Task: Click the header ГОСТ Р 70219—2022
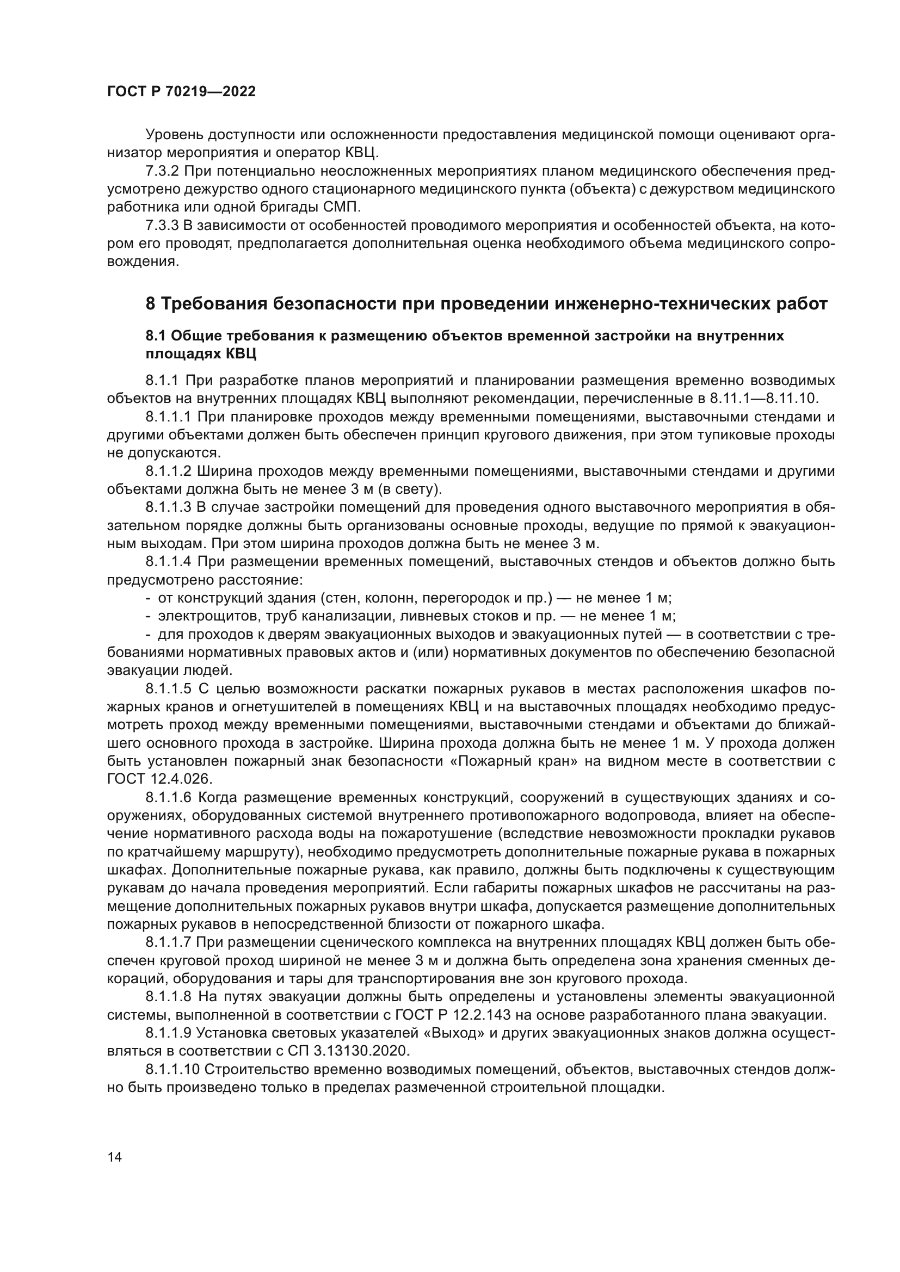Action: click(181, 92)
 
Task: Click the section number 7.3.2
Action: click(164, 171)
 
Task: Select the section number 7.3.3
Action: click(164, 226)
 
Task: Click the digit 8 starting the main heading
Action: click(150, 304)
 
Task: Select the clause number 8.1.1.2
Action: click(169, 471)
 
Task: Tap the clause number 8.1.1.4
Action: click(169, 562)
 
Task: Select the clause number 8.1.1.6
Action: click(169, 797)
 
